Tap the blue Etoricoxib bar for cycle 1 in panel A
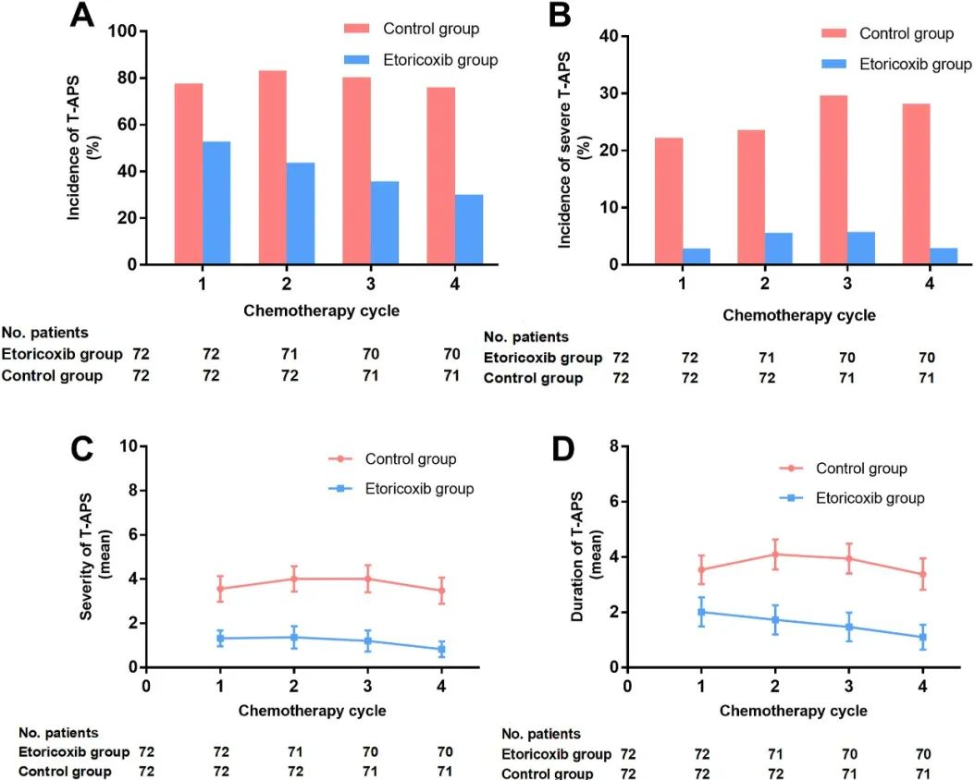(x=216, y=202)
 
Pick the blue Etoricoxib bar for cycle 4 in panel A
(x=469, y=229)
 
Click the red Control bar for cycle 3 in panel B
(x=833, y=179)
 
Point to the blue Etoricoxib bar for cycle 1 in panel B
(x=697, y=256)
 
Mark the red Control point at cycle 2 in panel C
(x=294, y=579)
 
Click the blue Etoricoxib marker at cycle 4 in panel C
(x=441, y=650)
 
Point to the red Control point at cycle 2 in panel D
(x=775, y=555)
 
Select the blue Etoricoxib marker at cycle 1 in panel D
(x=701, y=612)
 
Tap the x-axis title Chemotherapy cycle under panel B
(x=798, y=314)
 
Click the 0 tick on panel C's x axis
(x=146, y=686)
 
